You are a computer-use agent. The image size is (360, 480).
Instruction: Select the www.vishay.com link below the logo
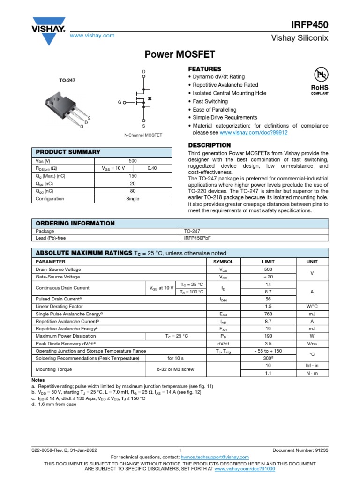tap(92, 36)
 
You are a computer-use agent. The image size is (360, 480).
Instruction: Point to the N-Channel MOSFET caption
tap(143, 135)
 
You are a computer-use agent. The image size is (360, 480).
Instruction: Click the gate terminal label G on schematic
tap(120, 102)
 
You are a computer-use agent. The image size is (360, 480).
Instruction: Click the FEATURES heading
tap(204, 69)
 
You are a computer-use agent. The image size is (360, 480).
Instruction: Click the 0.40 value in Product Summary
tap(152, 168)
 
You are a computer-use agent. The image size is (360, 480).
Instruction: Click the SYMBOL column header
tap(223, 261)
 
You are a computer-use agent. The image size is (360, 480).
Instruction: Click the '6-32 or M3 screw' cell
tap(176, 369)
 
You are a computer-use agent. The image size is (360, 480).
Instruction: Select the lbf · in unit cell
tap(312, 365)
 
